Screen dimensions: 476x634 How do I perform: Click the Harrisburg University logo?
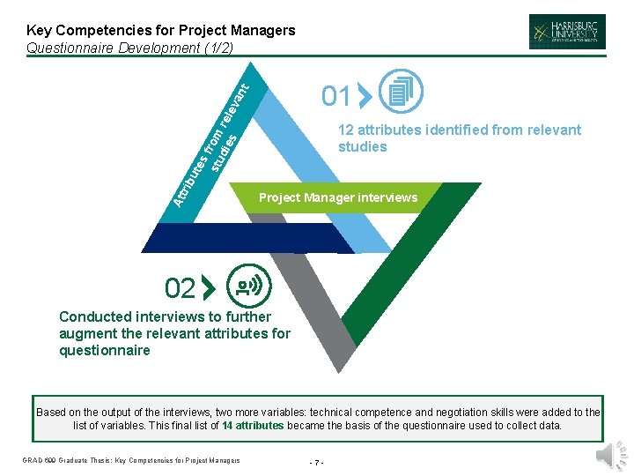point(567,31)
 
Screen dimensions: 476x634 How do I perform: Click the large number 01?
point(335,95)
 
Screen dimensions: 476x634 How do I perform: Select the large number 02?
point(180,288)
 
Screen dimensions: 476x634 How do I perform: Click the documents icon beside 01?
point(401,91)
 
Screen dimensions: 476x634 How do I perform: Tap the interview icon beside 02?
point(249,286)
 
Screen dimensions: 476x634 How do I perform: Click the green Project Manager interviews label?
point(338,197)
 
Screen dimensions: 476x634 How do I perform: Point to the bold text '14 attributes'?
point(253,425)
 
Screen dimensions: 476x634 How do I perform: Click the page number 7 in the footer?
point(317,461)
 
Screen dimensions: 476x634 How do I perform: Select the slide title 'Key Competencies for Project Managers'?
point(161,31)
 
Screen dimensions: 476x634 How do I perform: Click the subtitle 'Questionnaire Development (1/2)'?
point(130,48)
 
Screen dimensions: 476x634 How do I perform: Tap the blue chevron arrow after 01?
point(365,96)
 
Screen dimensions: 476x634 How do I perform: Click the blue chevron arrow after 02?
point(209,288)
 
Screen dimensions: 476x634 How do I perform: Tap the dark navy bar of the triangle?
point(247,237)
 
